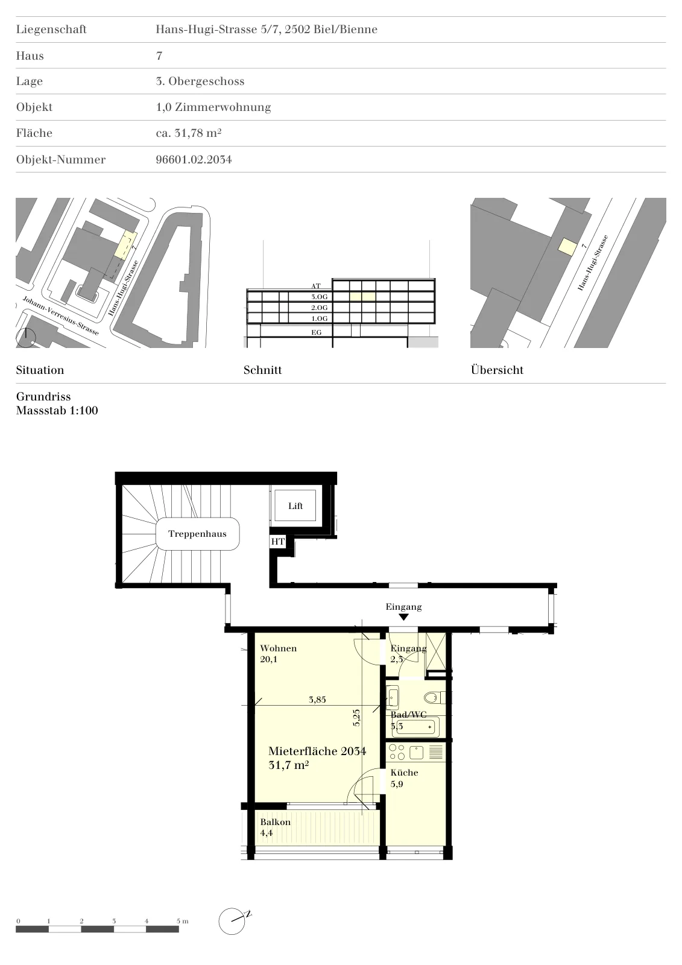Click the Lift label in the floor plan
pos(295,506)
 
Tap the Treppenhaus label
pos(197,534)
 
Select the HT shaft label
pos(278,542)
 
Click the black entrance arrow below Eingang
pos(403,617)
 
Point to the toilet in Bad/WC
pos(432,697)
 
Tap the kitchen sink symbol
pos(417,753)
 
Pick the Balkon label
pos(275,822)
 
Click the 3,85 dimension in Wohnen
pos(317,700)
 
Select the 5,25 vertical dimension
pos(356,718)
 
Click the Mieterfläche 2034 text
pos(317,751)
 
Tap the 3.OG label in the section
pos(319,297)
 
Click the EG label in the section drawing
pos(316,332)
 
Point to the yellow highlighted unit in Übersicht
pos(567,247)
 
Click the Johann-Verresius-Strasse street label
pos(61,316)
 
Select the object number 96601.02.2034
pos(194,159)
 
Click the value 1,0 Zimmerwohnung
pos(213,107)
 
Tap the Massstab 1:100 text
pos(57,410)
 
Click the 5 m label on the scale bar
pos(182,922)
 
